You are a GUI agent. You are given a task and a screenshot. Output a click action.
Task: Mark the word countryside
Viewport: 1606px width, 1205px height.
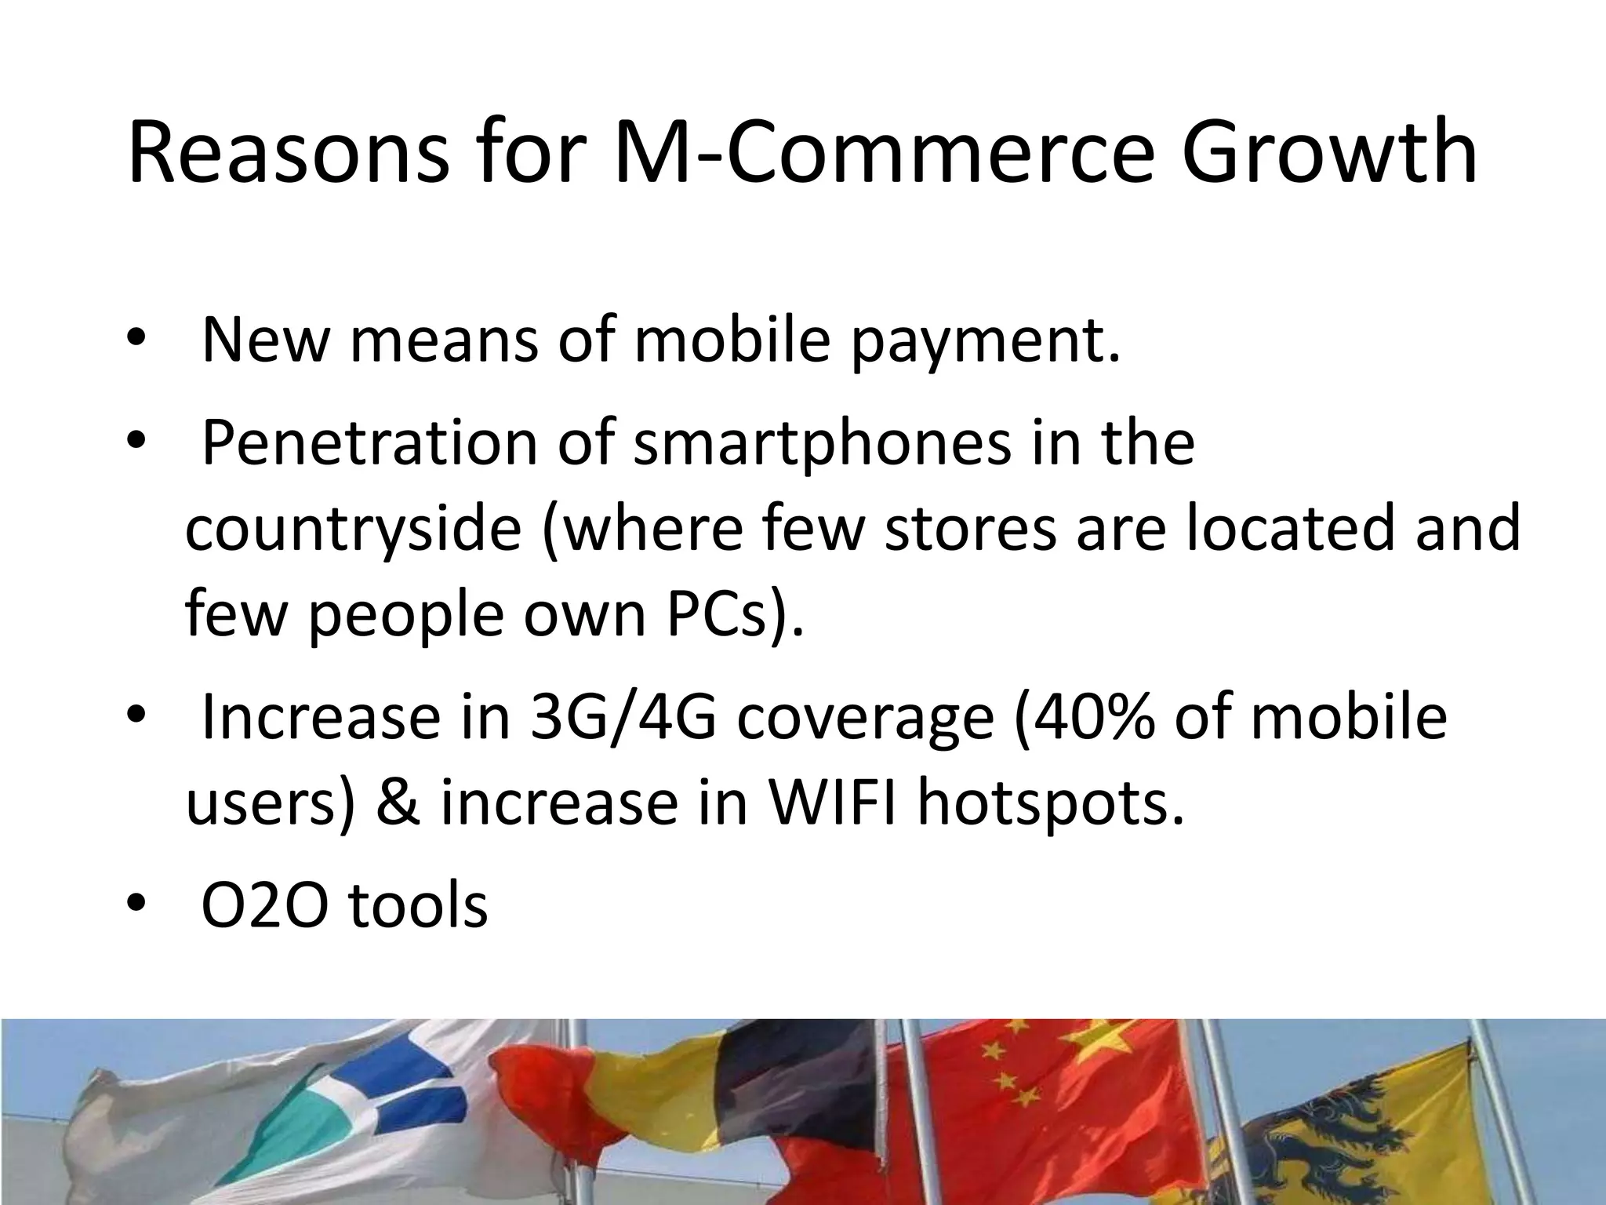coord(353,529)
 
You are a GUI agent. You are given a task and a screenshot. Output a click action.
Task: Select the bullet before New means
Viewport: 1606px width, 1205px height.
coord(135,342)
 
